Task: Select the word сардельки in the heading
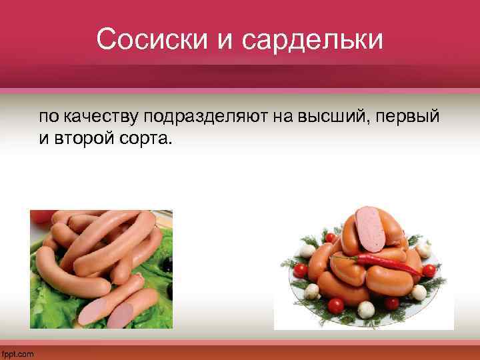(x=313, y=39)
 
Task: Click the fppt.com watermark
(x=17, y=354)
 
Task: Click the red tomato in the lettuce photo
(x=41, y=215)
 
